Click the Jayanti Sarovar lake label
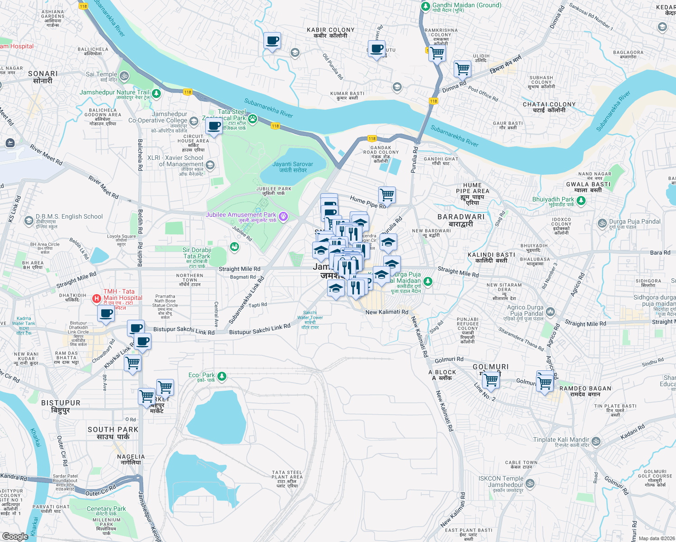point(293,167)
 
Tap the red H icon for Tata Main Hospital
point(96,299)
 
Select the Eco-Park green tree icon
point(221,376)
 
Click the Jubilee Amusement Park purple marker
point(283,217)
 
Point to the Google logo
point(15,537)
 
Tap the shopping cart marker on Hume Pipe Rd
point(387,195)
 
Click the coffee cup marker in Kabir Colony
point(272,41)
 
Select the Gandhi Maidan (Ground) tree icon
point(425,6)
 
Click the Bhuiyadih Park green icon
point(581,201)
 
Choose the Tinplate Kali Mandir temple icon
point(596,441)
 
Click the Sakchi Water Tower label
point(310,320)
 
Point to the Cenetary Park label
point(106,509)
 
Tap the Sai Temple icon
point(124,76)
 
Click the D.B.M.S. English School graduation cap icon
point(29,220)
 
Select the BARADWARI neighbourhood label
point(461,220)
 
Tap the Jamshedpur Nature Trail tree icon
point(156,94)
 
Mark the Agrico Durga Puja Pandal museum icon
point(550,312)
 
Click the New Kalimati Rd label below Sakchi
point(387,312)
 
